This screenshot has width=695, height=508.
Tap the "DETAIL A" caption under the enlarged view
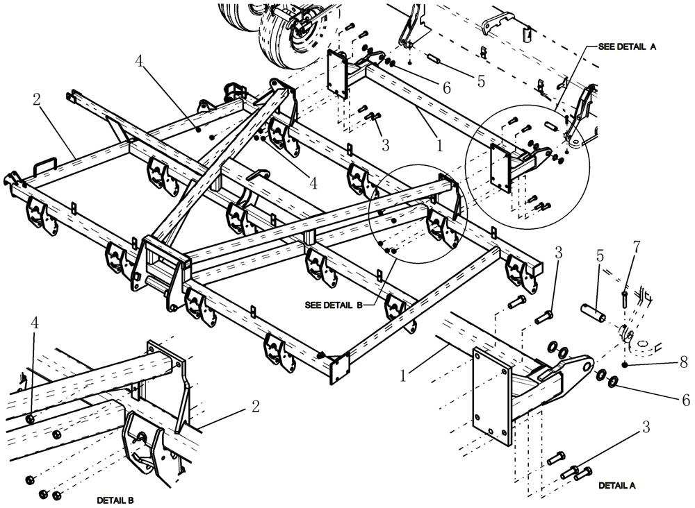[x=616, y=486]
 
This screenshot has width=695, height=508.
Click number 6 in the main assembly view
[x=446, y=87]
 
